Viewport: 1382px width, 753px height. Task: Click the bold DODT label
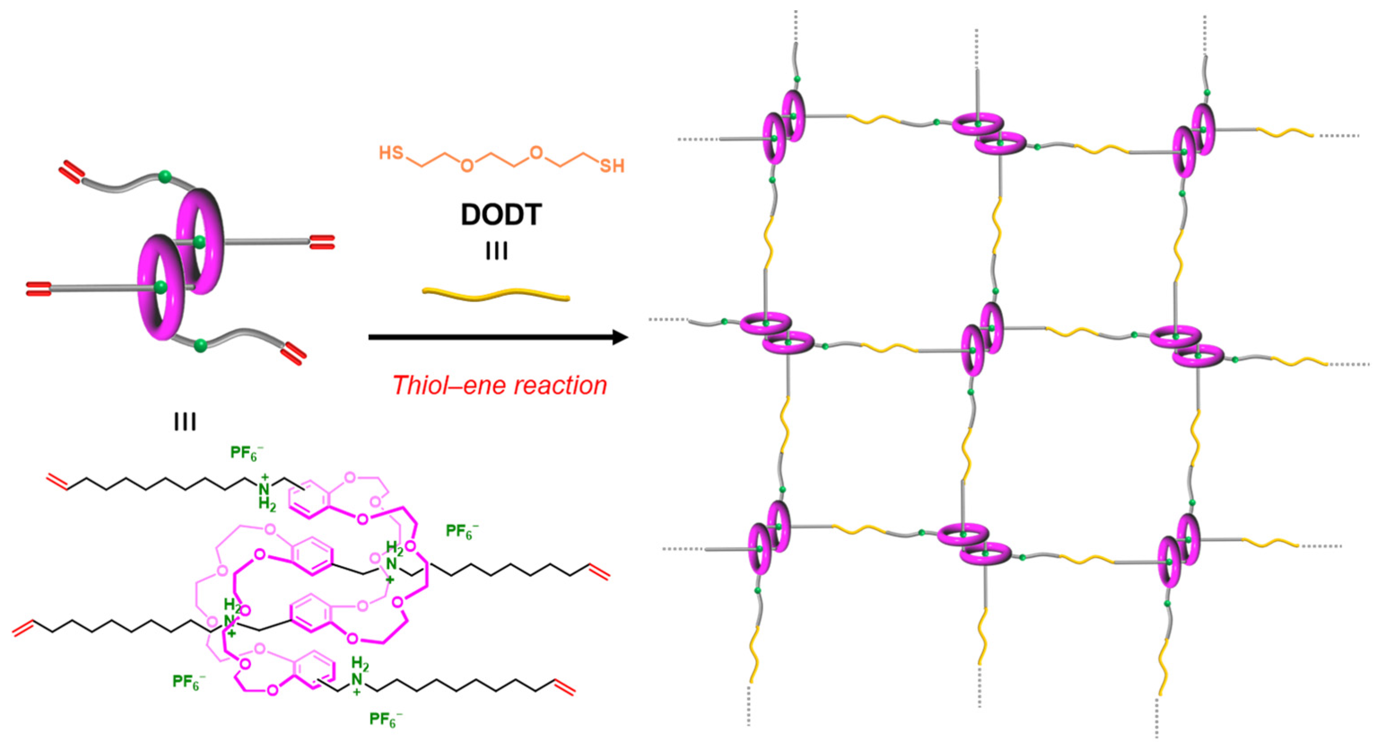501,215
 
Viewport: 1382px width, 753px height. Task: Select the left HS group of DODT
391,153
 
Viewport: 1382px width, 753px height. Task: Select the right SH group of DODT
612,166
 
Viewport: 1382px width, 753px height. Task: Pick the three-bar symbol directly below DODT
497,251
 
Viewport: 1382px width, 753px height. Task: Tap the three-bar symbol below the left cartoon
185,423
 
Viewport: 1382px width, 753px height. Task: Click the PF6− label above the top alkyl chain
246,454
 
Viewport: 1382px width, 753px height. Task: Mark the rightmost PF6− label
461,532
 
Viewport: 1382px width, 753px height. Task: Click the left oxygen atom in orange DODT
467,166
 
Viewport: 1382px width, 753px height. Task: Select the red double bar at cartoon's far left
38,289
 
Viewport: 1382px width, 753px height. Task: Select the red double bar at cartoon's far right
322,242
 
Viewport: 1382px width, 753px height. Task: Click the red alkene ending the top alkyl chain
57,481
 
